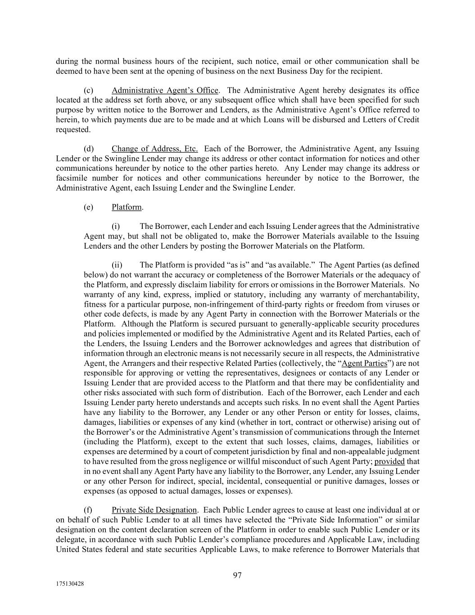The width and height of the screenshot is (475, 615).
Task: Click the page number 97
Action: click(x=237, y=575)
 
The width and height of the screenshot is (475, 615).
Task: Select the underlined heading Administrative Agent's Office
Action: click(x=165, y=90)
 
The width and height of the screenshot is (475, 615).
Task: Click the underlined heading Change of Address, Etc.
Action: click(x=155, y=149)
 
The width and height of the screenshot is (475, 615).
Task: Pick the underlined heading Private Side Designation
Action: click(x=154, y=510)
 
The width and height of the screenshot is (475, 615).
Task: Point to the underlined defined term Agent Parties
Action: click(x=364, y=363)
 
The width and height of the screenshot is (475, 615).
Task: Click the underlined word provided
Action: click(x=389, y=461)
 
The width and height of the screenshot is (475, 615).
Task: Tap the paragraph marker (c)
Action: click(x=89, y=90)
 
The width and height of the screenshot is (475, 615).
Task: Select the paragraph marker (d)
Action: click(x=89, y=149)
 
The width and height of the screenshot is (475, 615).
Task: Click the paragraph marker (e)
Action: click(x=89, y=207)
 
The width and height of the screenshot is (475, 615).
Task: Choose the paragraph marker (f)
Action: click(x=88, y=510)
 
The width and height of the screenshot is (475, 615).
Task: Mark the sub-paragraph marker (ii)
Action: click(x=117, y=265)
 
